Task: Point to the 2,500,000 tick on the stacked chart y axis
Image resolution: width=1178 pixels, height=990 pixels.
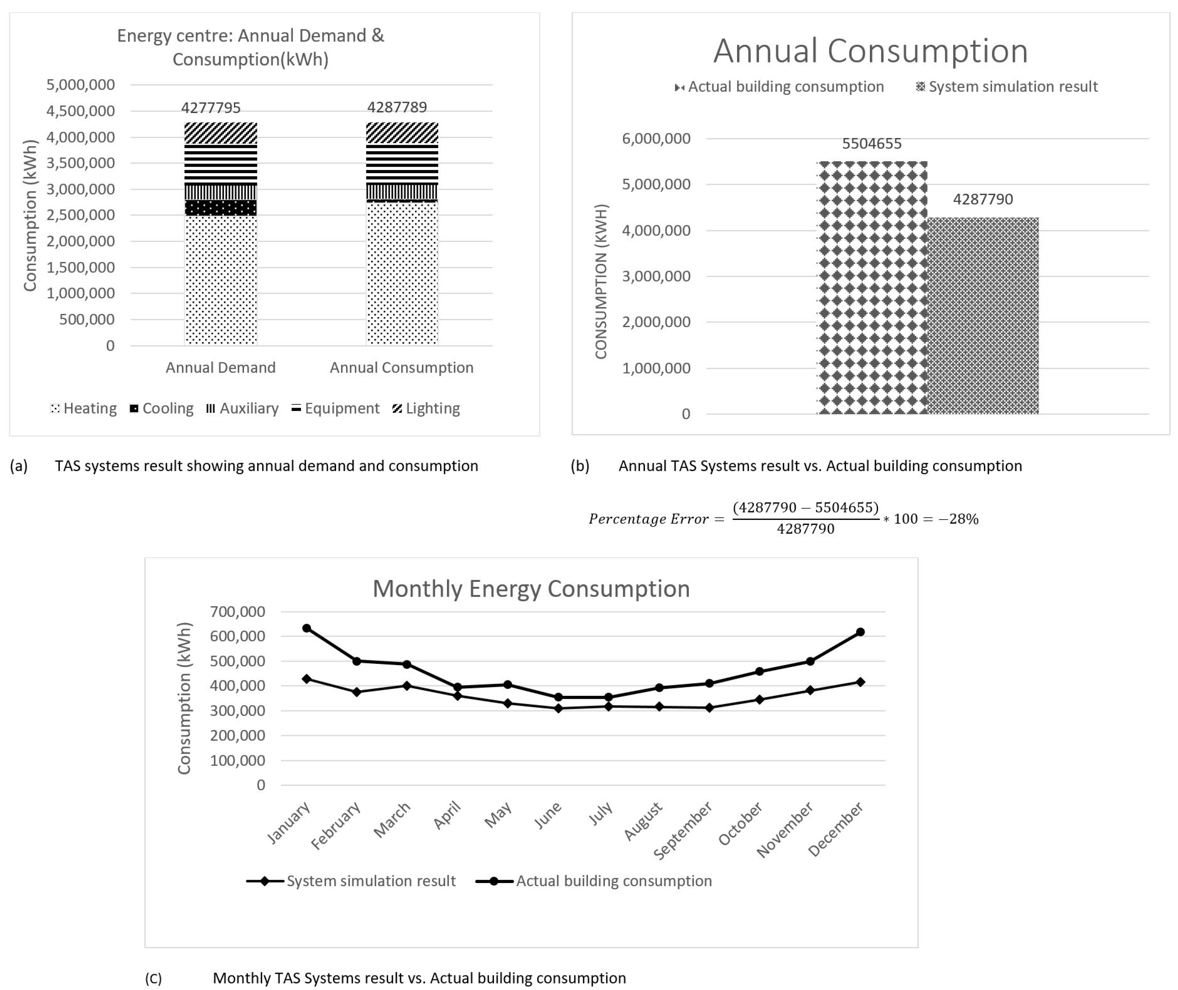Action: point(80,215)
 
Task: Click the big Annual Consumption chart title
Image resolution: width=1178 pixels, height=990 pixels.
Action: point(870,51)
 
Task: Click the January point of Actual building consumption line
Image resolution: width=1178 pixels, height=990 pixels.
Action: point(307,628)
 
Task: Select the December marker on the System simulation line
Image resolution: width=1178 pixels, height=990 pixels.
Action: point(860,682)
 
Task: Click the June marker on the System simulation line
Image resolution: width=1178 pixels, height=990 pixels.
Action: point(558,708)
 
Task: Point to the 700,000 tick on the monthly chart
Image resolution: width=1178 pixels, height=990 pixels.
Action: point(237,612)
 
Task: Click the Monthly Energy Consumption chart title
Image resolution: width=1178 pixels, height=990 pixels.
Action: point(531,589)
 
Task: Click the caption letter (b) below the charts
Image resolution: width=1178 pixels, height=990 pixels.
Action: point(580,466)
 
